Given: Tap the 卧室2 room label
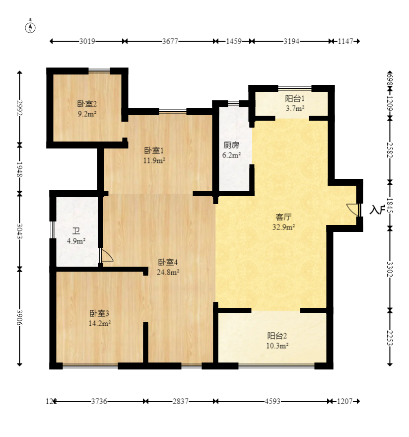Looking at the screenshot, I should [x=86, y=104].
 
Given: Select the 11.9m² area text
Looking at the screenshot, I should [x=154, y=160].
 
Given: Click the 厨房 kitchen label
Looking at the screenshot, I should [x=231, y=146].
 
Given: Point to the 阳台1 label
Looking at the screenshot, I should [x=294, y=99].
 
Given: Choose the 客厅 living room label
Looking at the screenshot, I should [x=283, y=217].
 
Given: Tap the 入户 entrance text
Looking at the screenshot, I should [x=377, y=210].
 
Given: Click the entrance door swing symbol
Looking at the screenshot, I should [x=353, y=210].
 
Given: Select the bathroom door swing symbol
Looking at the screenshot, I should [x=107, y=255].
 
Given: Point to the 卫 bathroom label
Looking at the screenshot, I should [x=76, y=231].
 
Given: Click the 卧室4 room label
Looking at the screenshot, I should [x=168, y=262].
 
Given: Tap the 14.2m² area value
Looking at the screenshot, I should [x=99, y=323].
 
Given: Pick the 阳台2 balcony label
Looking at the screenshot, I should [x=277, y=335].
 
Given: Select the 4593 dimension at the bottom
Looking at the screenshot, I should [x=273, y=401].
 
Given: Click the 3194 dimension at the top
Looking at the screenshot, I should [x=291, y=42].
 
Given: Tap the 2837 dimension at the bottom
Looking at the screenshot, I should [x=181, y=401].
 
